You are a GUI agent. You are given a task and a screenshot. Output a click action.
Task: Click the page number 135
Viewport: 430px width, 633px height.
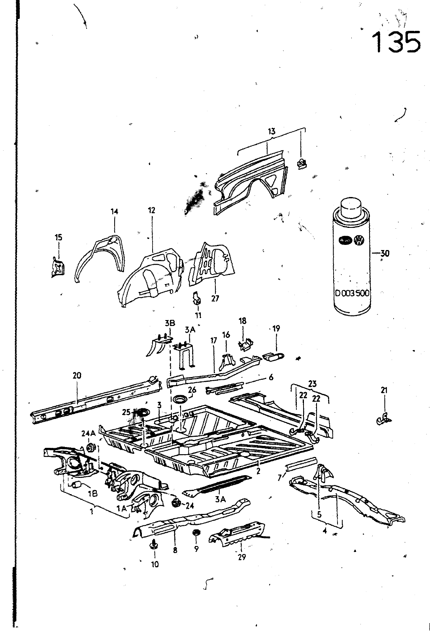click(396, 42)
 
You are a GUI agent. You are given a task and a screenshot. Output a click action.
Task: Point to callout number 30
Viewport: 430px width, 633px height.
click(384, 253)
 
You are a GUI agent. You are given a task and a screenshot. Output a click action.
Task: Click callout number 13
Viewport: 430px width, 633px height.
click(272, 132)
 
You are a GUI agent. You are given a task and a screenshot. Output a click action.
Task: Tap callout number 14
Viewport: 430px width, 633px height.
click(114, 212)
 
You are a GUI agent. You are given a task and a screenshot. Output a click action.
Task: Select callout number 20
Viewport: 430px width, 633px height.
click(77, 375)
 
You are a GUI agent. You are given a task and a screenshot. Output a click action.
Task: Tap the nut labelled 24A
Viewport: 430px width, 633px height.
click(90, 448)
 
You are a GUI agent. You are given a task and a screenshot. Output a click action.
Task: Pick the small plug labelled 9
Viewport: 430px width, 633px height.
click(195, 533)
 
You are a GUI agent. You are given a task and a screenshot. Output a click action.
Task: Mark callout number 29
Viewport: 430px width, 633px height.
click(241, 557)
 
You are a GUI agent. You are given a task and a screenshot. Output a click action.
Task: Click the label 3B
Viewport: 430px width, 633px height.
click(170, 323)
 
